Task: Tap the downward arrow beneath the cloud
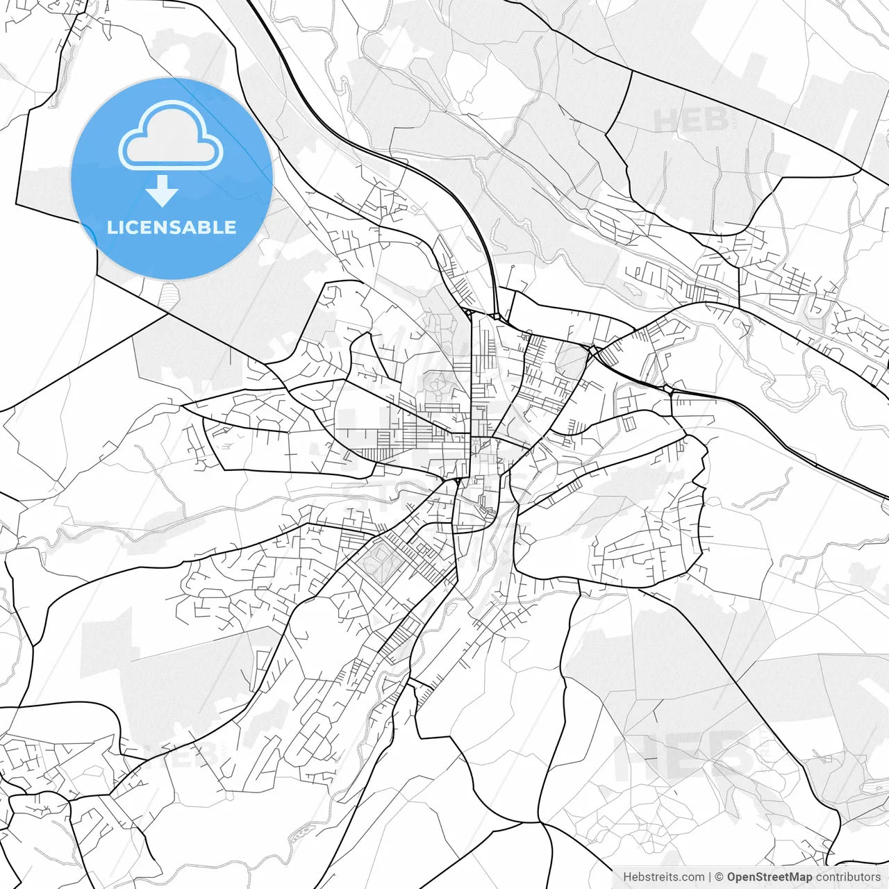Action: click(163, 191)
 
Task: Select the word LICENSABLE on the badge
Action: click(172, 228)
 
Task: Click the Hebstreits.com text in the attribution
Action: click(663, 877)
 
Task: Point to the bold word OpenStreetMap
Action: click(770, 877)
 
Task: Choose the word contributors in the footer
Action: click(848, 877)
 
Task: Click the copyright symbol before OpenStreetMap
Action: click(720, 877)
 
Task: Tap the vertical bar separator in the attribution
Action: click(710, 877)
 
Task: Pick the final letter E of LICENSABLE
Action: click(230, 228)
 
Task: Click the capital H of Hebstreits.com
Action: click(627, 877)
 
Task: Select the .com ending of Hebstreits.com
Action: click(692, 877)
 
